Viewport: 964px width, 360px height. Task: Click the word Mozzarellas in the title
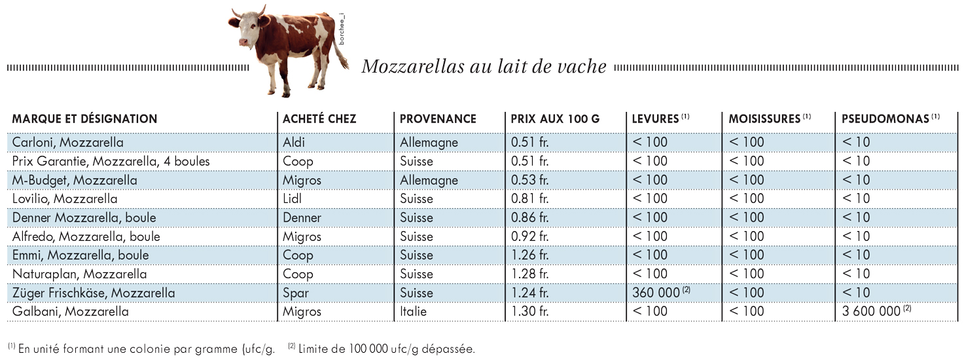point(413,66)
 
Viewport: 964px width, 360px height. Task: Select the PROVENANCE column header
point(438,119)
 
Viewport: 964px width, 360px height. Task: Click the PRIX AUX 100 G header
point(555,119)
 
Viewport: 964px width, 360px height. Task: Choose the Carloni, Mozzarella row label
point(67,143)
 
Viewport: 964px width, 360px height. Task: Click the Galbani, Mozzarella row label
point(70,312)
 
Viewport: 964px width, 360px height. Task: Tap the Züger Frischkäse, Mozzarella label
point(94,293)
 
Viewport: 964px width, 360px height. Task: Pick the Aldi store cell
point(293,142)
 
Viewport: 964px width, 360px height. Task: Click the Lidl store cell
point(292,198)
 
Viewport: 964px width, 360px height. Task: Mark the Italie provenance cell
point(413,311)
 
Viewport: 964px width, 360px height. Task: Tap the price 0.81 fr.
point(529,198)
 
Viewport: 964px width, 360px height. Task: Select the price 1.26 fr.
point(529,255)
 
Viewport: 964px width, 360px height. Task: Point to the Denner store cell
point(302,217)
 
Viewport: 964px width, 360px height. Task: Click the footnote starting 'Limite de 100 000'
point(382,348)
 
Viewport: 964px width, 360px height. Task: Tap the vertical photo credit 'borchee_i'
point(342,29)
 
